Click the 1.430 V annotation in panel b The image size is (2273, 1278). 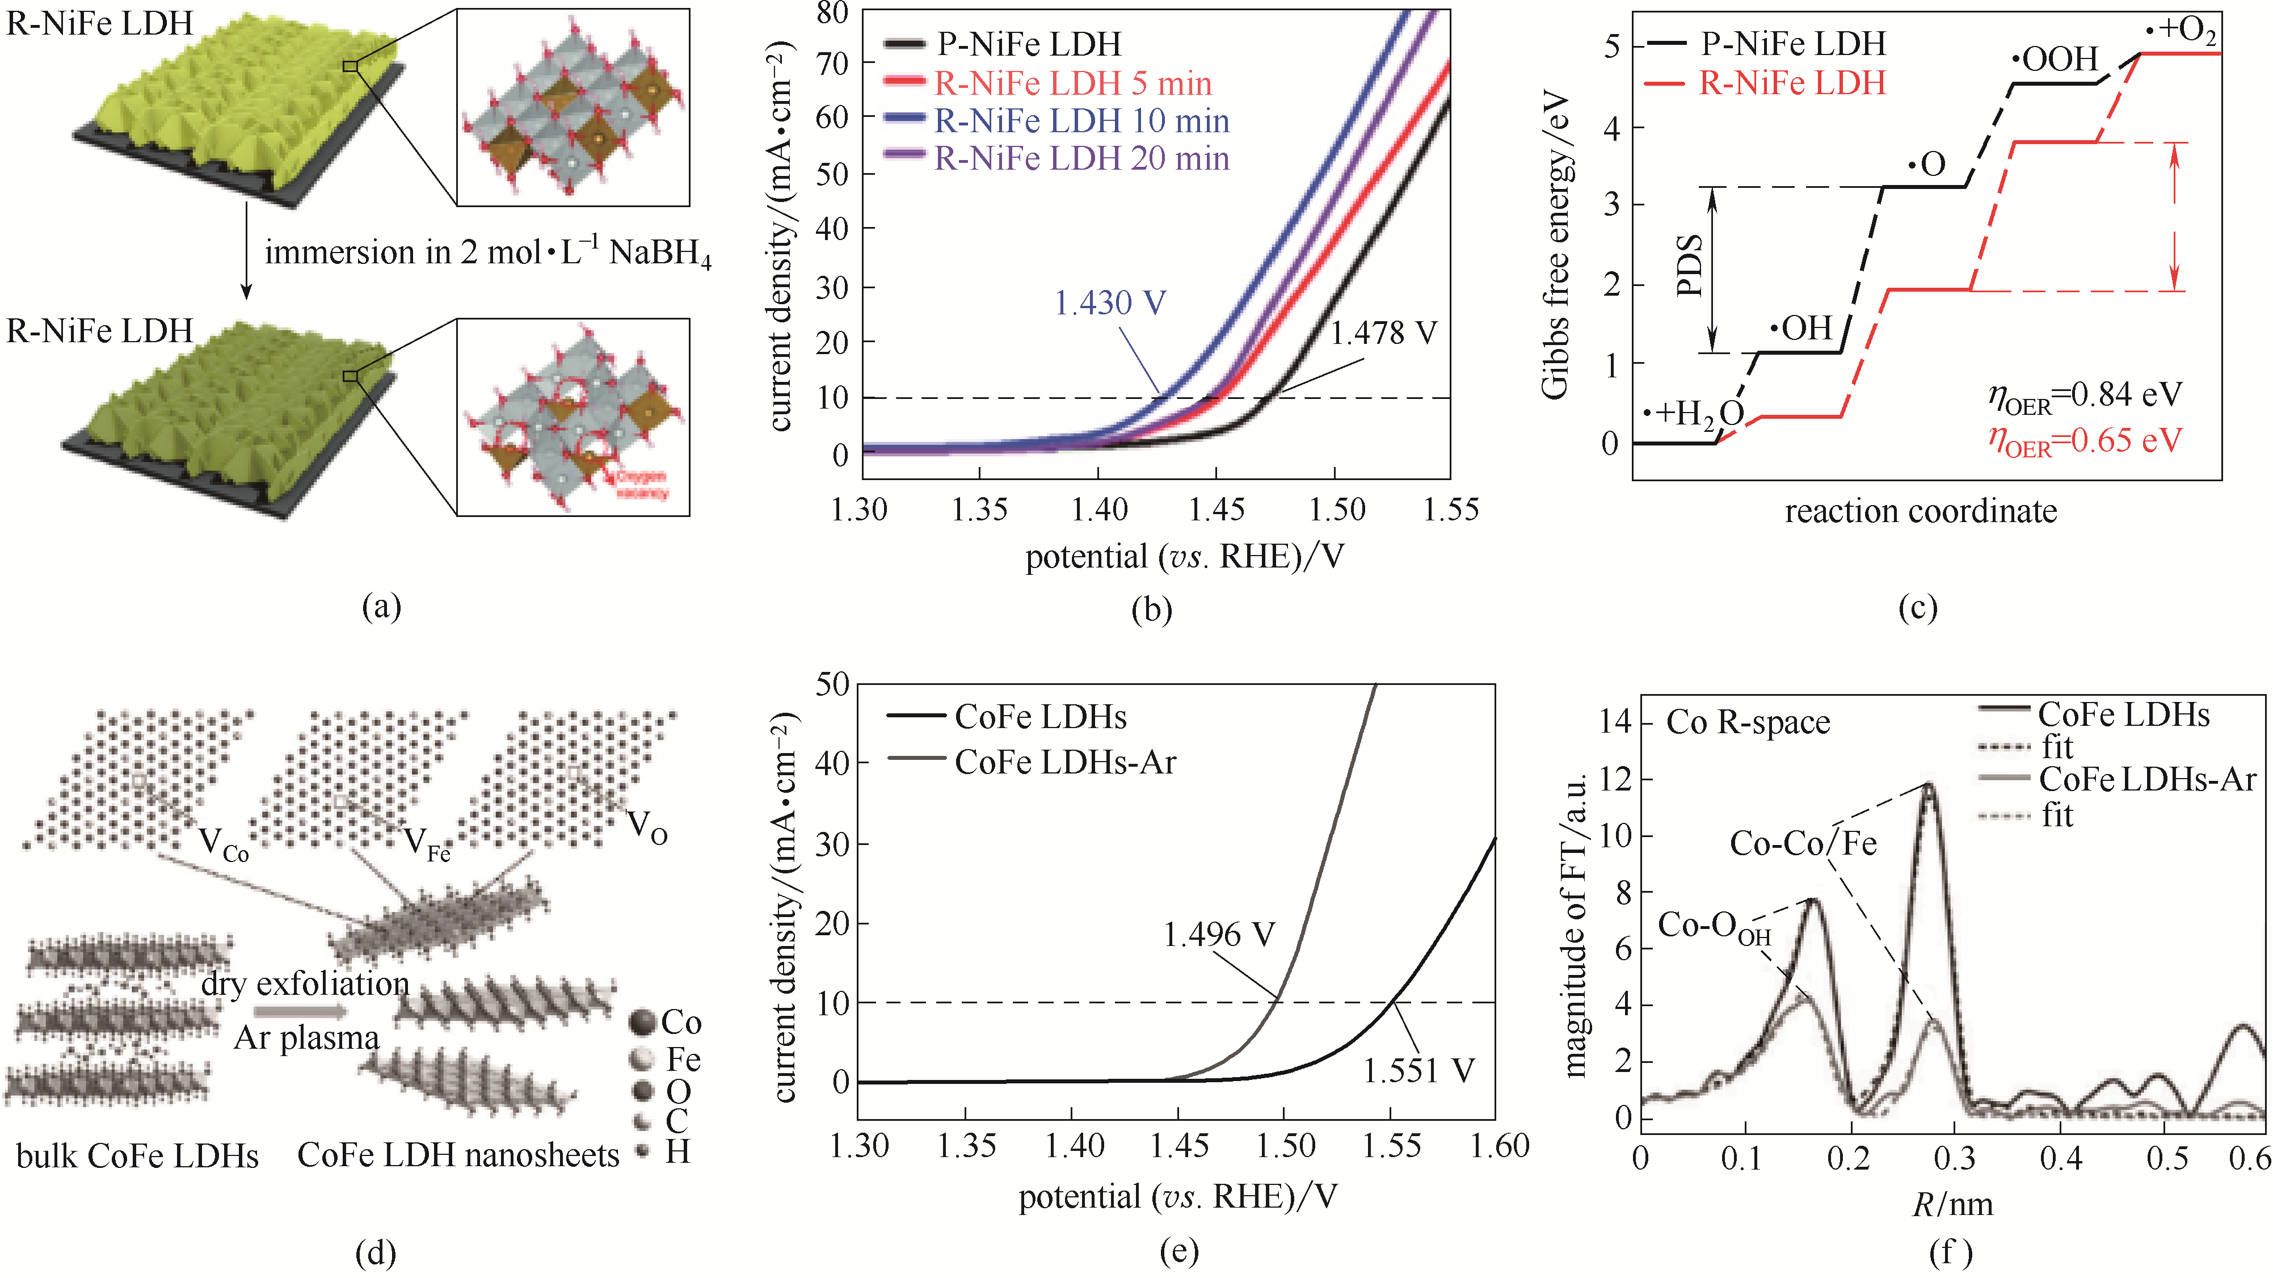tap(1109, 302)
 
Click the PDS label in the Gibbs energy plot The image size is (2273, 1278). tap(1689, 266)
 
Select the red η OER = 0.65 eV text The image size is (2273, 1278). tap(2084, 440)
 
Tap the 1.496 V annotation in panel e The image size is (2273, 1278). tap(1219, 934)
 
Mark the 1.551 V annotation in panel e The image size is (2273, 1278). tap(1418, 1071)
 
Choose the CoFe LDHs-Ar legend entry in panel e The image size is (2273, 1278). tap(1065, 762)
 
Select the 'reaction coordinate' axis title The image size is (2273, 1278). tap(1920, 511)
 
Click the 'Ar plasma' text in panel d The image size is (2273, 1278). tap(306, 1037)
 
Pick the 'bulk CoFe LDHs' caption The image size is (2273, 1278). tap(138, 1155)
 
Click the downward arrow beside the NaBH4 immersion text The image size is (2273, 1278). tap(246, 251)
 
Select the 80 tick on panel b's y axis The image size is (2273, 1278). tap(831, 12)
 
